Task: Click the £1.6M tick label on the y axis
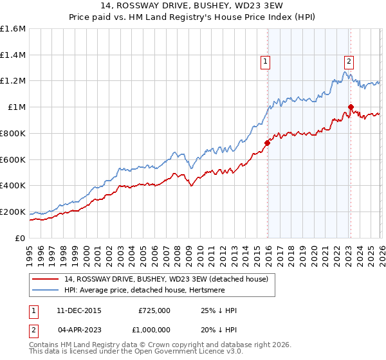[x=13, y=29]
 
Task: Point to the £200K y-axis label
[x=13, y=212]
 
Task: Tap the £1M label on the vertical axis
[x=17, y=107]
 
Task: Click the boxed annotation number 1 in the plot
[x=265, y=62]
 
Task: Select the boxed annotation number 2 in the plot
[x=349, y=62]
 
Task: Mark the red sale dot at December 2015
[x=266, y=143]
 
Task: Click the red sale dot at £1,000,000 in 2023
[x=351, y=107]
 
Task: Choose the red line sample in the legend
[x=46, y=278]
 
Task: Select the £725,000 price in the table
[x=154, y=310]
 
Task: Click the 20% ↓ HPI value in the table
[x=219, y=328]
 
